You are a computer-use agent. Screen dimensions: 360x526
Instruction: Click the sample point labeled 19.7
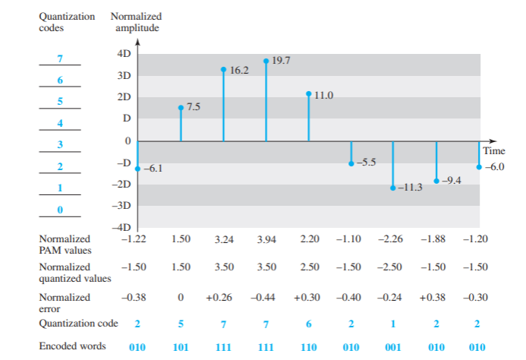tap(266, 61)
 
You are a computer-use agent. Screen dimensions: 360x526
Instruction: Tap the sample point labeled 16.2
tap(223, 69)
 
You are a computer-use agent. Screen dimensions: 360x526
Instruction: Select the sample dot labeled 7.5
tap(181, 108)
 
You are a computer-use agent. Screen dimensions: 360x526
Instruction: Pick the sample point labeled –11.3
tap(393, 188)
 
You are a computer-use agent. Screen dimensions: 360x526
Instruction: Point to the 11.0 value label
tap(324, 95)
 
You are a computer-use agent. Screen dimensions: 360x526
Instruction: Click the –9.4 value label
tap(453, 180)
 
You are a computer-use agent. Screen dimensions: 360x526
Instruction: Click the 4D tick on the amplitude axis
tap(124, 54)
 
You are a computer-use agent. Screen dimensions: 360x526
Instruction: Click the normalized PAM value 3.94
tap(266, 239)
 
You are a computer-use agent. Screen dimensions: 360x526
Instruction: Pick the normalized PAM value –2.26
tap(392, 239)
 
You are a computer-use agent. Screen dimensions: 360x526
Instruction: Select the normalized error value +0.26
tap(221, 298)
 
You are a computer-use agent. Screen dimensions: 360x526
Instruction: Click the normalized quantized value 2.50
tap(309, 267)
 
